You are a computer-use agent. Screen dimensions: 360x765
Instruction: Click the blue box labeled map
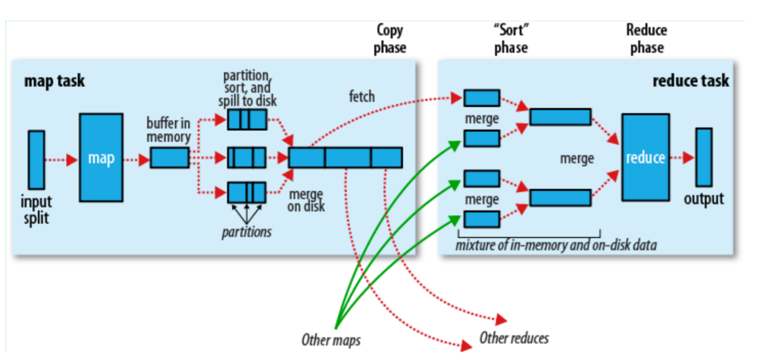click(101, 158)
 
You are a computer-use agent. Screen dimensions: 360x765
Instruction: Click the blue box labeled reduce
click(645, 158)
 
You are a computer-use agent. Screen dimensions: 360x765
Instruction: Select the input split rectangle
click(36, 159)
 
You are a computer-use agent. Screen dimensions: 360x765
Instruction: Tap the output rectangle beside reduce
click(704, 157)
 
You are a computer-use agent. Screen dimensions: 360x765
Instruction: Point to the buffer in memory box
click(169, 158)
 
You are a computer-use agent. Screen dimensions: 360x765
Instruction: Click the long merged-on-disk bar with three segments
click(345, 158)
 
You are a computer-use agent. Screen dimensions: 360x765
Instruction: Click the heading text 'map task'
click(55, 81)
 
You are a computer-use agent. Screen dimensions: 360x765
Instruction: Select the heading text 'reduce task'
click(690, 81)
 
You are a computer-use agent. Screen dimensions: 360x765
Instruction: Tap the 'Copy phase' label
click(390, 38)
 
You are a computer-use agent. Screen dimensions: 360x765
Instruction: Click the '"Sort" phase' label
click(510, 38)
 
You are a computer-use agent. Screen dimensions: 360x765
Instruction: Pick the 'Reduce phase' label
click(646, 38)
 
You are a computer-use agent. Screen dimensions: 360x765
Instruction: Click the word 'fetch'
click(362, 96)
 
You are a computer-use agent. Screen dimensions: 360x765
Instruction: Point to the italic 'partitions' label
click(246, 232)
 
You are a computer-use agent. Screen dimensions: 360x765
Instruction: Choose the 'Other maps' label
click(331, 340)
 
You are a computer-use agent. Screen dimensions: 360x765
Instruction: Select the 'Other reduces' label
click(514, 338)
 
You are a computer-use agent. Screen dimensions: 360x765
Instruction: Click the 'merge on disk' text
click(307, 201)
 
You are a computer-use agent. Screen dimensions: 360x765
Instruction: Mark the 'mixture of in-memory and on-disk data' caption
click(556, 245)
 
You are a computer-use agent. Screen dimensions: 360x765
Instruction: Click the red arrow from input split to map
click(62, 160)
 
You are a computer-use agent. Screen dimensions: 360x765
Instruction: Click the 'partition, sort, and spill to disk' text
click(247, 88)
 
